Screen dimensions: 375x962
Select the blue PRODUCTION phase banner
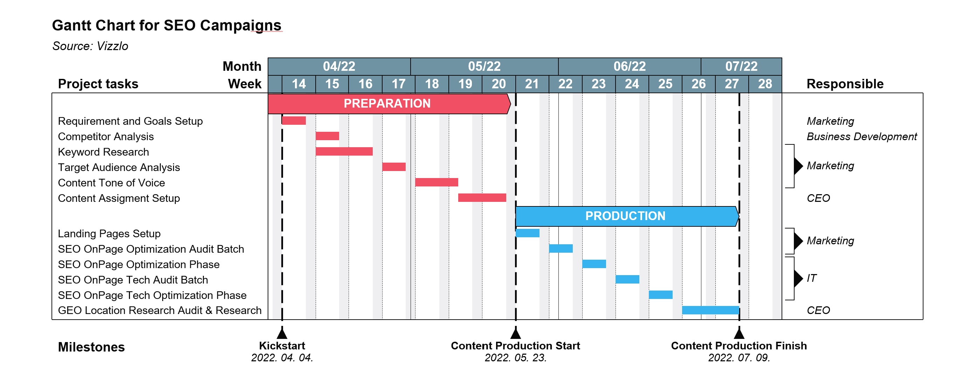[626, 216]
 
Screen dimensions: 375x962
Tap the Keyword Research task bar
[344, 151]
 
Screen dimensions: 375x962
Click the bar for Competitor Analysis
[327, 136]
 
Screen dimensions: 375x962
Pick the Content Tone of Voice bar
[436, 182]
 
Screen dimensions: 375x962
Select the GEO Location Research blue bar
[710, 310]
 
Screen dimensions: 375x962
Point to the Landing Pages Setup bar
[527, 233]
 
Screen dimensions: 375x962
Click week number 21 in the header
[532, 84]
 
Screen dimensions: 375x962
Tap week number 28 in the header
[765, 84]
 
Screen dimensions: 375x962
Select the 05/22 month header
[484, 67]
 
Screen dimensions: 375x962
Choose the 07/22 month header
[741, 67]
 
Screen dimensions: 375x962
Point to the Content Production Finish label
[739, 346]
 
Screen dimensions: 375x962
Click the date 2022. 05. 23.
[515, 358]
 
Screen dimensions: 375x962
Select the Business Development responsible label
[861, 137]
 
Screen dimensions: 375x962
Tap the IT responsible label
[811, 278]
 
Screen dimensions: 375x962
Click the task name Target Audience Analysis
[119, 167]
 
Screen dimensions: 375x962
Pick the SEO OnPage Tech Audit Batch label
[132, 280]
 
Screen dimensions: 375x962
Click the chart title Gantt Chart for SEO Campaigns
[166, 25]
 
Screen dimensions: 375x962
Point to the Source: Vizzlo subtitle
[90, 46]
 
